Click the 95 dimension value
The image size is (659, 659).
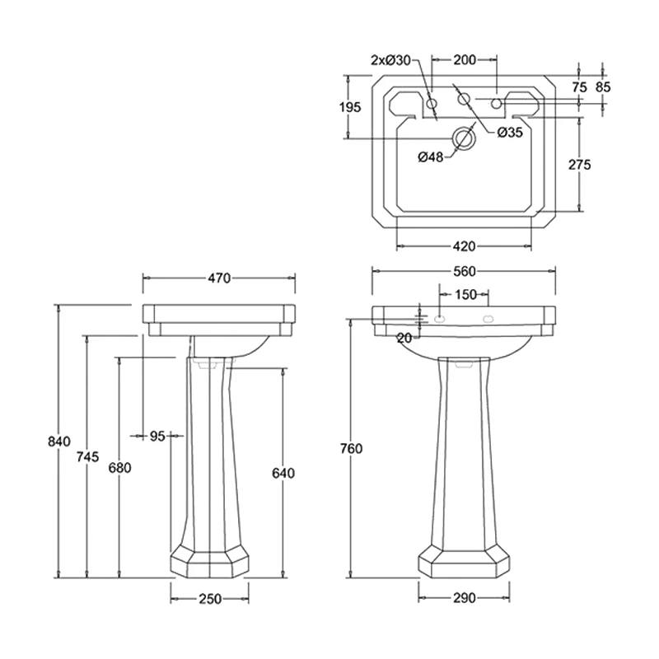[x=158, y=436]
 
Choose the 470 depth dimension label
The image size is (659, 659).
[x=218, y=278]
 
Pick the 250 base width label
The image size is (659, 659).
[x=210, y=599]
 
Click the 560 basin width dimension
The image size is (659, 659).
[x=465, y=270]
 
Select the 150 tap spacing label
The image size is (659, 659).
[x=465, y=294]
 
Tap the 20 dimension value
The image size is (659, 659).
[x=404, y=338]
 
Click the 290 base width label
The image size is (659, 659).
[x=465, y=599]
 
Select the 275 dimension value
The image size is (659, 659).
[x=580, y=165]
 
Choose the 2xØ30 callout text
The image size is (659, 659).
[x=390, y=59]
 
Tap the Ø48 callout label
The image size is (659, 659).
[x=431, y=157]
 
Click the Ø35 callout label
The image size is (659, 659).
[x=510, y=132]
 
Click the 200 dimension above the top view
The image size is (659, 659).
[x=465, y=59]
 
